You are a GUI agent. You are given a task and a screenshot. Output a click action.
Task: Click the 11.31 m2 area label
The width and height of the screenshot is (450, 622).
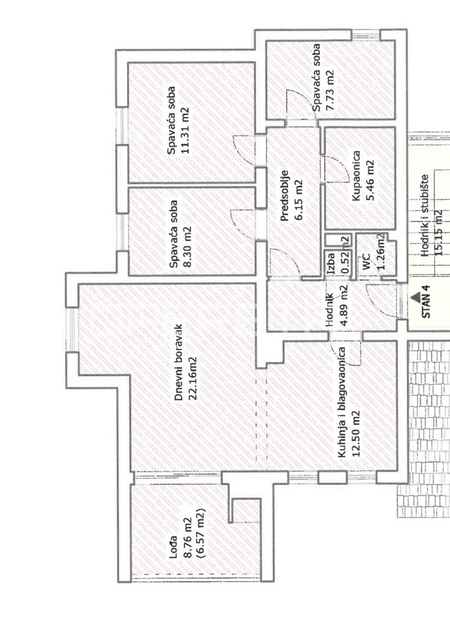tap(185, 130)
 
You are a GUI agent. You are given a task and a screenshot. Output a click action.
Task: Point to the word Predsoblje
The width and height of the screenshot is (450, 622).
tap(284, 195)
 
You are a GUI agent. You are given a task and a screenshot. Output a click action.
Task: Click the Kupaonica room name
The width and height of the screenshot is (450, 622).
tap(356, 175)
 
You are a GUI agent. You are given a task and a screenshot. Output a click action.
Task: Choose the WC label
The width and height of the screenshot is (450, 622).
tap(366, 261)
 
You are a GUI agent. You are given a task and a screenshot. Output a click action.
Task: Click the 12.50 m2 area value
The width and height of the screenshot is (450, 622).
tap(356, 434)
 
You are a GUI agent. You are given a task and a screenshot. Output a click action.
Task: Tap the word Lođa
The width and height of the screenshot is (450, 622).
tap(173, 548)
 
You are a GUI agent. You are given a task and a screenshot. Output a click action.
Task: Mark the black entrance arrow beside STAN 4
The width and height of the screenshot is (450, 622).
tap(416, 297)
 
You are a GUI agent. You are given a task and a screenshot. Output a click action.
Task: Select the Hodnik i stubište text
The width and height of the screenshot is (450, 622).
tap(426, 215)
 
